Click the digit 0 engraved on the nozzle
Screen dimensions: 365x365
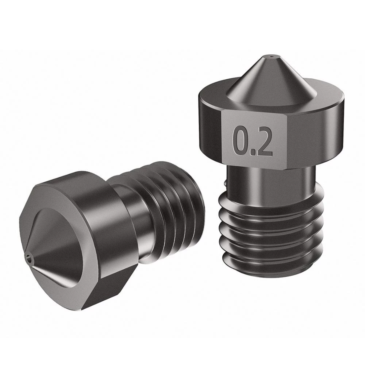coord(242,142)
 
